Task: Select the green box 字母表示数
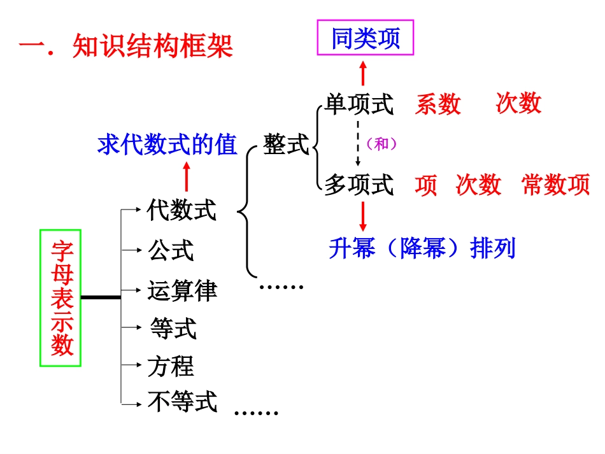pos(61,297)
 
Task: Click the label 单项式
pos(359,104)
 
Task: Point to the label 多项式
pos(359,185)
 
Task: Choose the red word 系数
pos(438,104)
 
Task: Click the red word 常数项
pos(555,185)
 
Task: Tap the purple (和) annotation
pos(381,144)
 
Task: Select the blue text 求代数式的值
pos(167,145)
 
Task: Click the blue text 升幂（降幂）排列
pos(422,248)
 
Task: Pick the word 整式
pos(286,145)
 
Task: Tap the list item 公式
pos(170,250)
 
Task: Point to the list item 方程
pos(170,366)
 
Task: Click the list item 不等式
pos(182,402)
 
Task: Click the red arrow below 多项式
pos(363,216)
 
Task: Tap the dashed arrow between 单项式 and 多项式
pos(358,143)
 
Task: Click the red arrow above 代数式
pos(187,176)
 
